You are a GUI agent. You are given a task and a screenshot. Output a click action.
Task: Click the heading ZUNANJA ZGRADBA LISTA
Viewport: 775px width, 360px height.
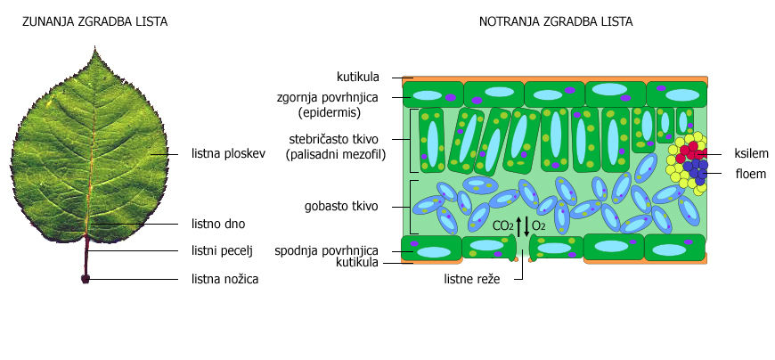(94, 20)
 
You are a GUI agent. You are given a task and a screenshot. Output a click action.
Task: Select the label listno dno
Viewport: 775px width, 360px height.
(218, 224)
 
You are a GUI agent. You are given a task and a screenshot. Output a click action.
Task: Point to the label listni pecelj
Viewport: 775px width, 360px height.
(223, 250)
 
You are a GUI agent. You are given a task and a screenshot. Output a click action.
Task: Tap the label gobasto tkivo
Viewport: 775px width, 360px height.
(347, 206)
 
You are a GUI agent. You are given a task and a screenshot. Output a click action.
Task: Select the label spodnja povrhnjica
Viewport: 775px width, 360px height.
(339, 250)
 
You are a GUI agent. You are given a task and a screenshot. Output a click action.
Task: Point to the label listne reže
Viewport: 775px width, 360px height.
(472, 280)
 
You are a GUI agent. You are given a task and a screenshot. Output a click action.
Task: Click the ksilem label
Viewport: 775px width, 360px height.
(751, 152)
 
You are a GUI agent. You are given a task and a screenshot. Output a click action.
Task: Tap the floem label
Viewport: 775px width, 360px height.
(751, 174)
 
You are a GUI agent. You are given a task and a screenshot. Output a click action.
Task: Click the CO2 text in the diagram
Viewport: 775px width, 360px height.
(502, 226)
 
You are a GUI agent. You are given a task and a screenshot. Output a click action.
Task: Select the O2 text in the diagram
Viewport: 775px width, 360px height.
(538, 226)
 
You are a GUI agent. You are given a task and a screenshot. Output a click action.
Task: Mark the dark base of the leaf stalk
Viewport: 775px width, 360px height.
(86, 279)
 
